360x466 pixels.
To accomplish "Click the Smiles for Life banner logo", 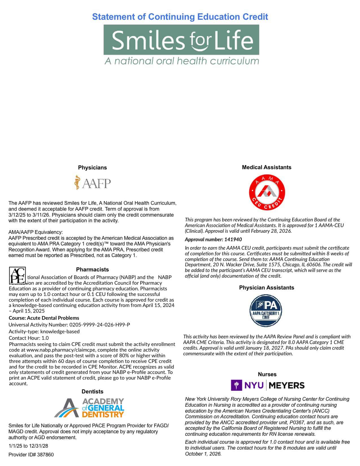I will [181, 40].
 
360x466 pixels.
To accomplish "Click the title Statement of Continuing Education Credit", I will [180, 17].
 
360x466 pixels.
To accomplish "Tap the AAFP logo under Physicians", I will [93, 183].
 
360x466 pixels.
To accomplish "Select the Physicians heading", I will [92, 167].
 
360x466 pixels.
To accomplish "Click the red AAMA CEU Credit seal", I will [267, 192].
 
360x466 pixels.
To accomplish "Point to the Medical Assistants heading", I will [267, 167].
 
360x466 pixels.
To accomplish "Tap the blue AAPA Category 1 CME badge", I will [266, 310].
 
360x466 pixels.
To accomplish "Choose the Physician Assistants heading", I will [267, 288].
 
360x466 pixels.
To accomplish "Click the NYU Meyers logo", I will [267, 385].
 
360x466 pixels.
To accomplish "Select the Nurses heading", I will [267, 374].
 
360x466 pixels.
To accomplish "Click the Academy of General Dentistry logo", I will [89, 408].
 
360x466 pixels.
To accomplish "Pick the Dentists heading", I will [92, 391].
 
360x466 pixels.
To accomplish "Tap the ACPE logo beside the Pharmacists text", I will [18, 275].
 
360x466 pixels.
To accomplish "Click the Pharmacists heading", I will [92, 269].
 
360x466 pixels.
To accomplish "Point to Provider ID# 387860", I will [31, 454].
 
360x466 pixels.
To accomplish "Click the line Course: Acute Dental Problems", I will [44, 318].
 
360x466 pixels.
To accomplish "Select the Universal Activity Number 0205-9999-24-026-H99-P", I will [69, 325].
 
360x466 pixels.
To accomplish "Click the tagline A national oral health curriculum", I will [182, 61].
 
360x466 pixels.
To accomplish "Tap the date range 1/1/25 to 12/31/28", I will [28, 446].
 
